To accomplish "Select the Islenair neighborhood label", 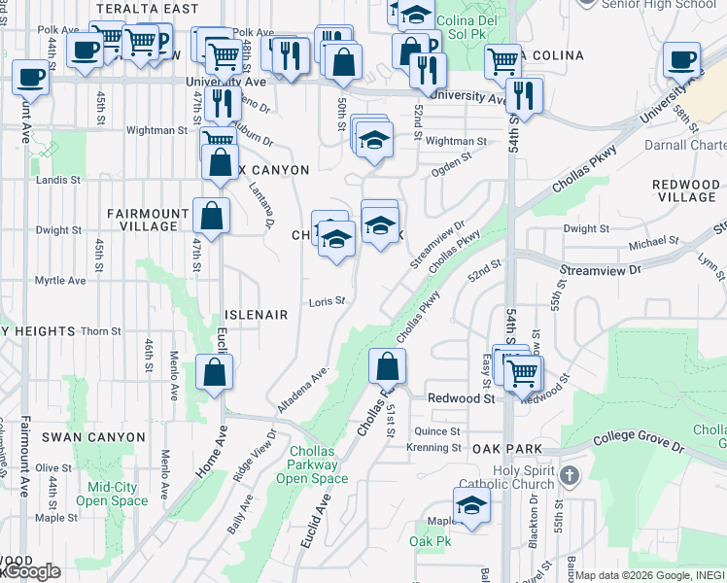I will coord(257,315).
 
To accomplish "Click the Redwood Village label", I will coord(685,190).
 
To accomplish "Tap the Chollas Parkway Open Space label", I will coord(311,464).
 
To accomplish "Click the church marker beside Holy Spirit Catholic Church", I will coord(571,477).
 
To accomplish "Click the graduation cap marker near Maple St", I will coord(471,505).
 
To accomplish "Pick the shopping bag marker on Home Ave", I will coord(214,371).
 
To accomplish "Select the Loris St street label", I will coord(328,301).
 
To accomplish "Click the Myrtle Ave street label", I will coord(60,280).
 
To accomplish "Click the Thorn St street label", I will coord(100,331).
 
